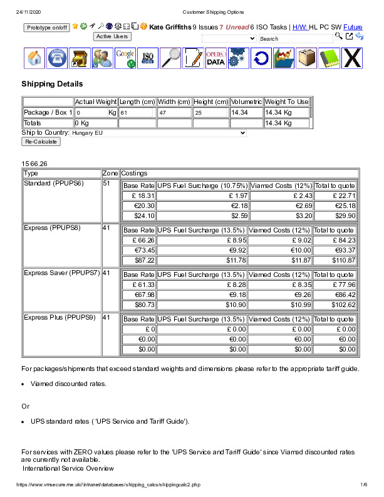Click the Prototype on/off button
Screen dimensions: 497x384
coord(46,28)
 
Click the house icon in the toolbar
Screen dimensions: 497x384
coord(35,58)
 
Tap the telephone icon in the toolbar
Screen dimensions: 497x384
coord(58,58)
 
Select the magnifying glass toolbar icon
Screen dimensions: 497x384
coord(170,58)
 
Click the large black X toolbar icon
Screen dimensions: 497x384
coord(353,58)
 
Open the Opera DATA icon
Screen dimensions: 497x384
coord(215,58)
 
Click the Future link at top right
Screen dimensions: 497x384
coord(353,27)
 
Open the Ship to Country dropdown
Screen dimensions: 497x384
coord(158,133)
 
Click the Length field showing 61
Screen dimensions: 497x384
coord(136,113)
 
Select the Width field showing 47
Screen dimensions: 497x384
coord(174,113)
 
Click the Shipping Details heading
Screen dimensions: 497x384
coord(52,83)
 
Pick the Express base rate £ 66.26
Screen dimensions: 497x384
coord(139,239)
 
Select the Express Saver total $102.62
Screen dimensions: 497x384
coord(335,305)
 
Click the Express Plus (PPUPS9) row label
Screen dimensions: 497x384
coord(60,317)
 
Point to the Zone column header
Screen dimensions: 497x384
coord(110,173)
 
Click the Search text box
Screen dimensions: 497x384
coord(295,39)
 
